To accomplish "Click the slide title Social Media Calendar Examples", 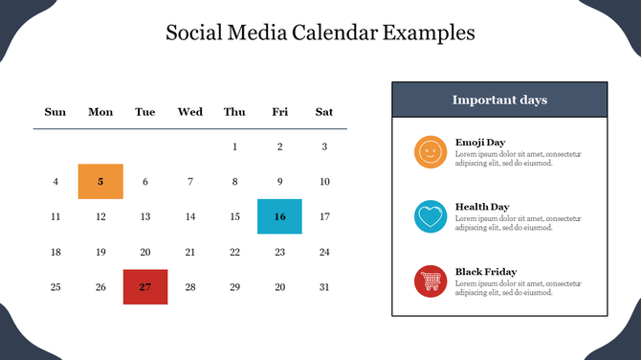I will [x=320, y=33].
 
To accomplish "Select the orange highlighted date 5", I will [x=100, y=182].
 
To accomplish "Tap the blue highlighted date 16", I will [x=279, y=216].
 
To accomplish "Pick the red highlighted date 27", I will [x=145, y=287].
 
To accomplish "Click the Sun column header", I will [x=55, y=112].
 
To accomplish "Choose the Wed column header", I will [x=189, y=112].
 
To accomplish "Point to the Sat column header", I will [x=324, y=112].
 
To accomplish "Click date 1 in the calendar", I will [x=234, y=146].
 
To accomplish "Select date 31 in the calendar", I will [x=324, y=287].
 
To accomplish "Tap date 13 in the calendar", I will [x=145, y=216].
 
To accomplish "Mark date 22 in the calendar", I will [x=234, y=252].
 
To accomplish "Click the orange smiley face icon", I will [x=431, y=151].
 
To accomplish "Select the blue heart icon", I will [x=431, y=216].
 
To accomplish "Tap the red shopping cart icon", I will [x=431, y=281].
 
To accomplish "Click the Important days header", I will [x=499, y=100].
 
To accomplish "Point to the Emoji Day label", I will [x=480, y=142].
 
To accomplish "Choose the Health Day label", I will [x=482, y=207].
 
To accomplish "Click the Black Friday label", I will [x=486, y=272].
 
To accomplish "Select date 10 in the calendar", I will [x=324, y=182].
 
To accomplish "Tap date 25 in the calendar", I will [x=55, y=287].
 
